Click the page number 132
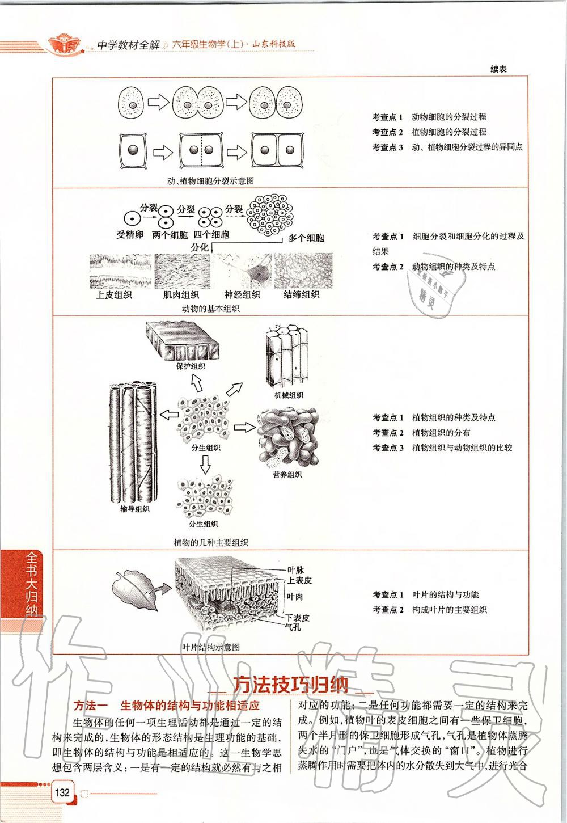coord(62,791)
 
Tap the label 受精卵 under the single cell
coord(130,234)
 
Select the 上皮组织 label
coord(113,294)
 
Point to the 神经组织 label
coord(242,294)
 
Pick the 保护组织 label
coord(191,366)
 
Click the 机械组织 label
coord(288,395)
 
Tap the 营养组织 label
coord(287,475)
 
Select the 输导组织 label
coord(135,509)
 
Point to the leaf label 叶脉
coord(296,569)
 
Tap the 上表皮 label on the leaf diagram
coord(299,580)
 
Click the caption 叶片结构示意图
coord(210,647)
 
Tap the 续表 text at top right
coord(498,69)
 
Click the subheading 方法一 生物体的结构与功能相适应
coord(167,706)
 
